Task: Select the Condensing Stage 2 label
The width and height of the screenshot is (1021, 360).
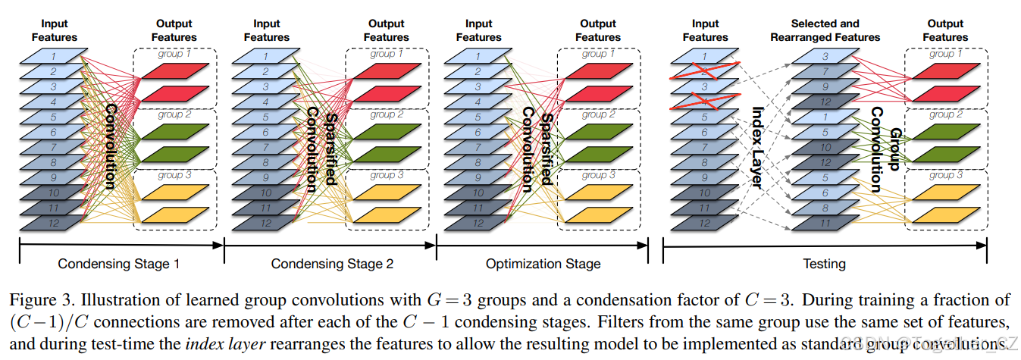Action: click(x=332, y=264)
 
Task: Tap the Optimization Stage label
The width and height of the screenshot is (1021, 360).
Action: click(x=543, y=264)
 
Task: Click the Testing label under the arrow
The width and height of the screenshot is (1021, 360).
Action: click(x=824, y=264)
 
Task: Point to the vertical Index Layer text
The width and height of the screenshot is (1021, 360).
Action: click(x=756, y=144)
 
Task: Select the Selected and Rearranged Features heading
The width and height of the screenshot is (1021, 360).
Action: click(x=825, y=30)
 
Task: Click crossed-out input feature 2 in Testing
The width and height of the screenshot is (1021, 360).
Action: click(x=704, y=72)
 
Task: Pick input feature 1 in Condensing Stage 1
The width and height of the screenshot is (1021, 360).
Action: click(x=54, y=56)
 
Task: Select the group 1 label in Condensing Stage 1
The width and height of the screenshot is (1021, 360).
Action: click(x=174, y=54)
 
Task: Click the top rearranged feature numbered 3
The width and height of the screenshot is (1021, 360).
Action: click(x=825, y=57)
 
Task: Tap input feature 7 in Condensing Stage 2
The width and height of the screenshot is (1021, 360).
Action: click(x=266, y=147)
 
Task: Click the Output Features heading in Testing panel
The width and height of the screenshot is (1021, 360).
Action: click(x=945, y=30)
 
